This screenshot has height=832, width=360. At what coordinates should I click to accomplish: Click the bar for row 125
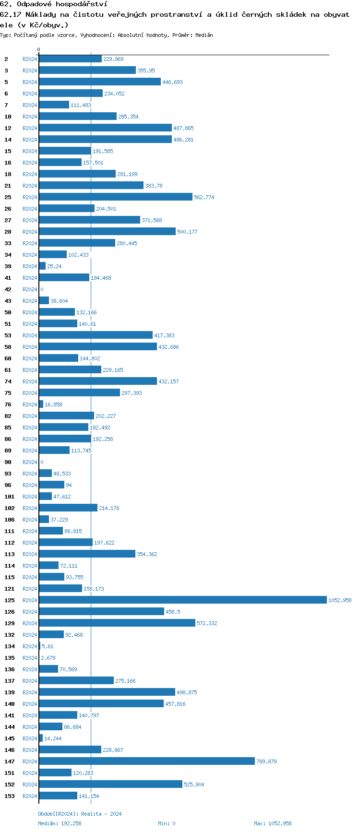point(182,600)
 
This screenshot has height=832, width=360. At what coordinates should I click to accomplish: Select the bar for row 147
point(147,761)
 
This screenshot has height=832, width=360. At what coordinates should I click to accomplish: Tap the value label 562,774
point(204,197)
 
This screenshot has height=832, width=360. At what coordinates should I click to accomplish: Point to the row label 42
point(8,289)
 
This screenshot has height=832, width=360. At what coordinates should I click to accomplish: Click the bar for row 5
point(100,82)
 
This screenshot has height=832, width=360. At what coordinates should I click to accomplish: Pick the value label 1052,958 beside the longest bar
point(340,600)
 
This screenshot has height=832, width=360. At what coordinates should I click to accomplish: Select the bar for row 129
point(117,623)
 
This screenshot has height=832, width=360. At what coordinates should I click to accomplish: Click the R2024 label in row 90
point(30,462)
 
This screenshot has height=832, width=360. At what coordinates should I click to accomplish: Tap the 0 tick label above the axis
point(39,49)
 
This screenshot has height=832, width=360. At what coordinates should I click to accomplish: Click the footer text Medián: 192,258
point(60,823)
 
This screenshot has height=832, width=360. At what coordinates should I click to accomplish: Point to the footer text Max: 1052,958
point(273,823)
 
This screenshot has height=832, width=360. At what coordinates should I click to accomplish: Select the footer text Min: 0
point(167,823)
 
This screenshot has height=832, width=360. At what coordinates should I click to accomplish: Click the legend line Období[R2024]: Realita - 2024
point(80,814)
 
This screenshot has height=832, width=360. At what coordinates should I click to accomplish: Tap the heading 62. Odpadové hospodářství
point(53,4)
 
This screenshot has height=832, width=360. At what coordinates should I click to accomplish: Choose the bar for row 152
point(111,784)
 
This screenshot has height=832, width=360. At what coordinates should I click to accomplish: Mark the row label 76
point(8,404)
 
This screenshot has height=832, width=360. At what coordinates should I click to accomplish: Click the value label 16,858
point(53,404)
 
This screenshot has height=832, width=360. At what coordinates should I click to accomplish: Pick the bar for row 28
point(108,231)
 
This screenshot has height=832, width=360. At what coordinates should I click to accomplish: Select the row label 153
point(10,796)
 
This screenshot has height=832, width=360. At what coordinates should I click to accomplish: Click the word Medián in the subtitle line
point(204,35)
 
